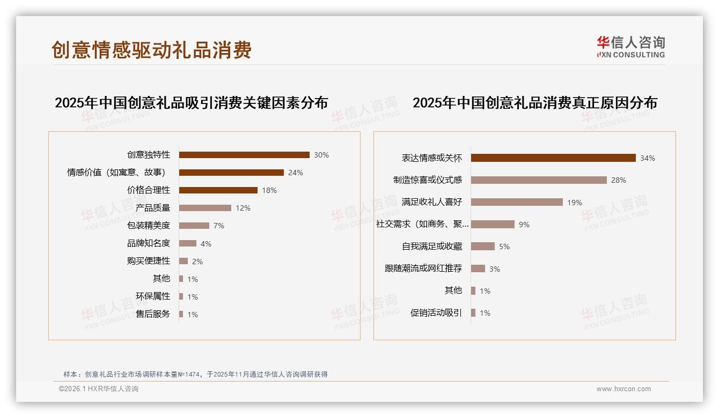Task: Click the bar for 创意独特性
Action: tap(244, 155)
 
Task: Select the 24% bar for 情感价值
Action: tap(231, 173)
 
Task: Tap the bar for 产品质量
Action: tap(205, 208)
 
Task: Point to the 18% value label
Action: tap(269, 190)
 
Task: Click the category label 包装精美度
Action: tap(149, 226)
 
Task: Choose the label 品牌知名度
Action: tap(149, 243)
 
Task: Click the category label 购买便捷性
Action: tap(149, 261)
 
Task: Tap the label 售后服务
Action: tap(153, 314)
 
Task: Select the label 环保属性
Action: tap(153, 296)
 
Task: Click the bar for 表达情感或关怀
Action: tap(553, 158)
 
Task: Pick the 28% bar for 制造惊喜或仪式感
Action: tap(539, 180)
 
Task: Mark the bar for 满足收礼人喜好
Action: tap(517, 202)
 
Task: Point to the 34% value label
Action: tap(648, 158)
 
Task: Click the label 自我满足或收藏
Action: tap(432, 247)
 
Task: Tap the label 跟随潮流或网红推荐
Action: tap(423, 268)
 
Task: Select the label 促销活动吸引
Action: tap(436, 313)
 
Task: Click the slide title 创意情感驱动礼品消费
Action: tap(152, 50)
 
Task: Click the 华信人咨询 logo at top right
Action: tap(630, 47)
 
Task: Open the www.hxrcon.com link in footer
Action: tap(623, 389)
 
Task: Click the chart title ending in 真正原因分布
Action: tap(534, 103)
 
